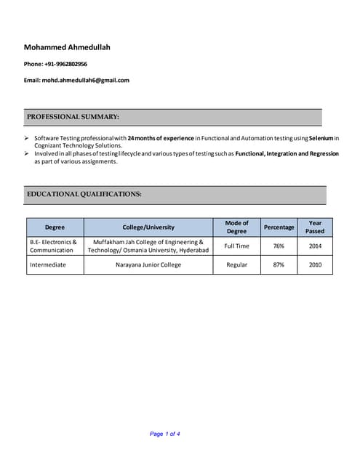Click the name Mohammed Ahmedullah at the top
click(x=67, y=47)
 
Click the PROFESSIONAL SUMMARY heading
click(x=73, y=116)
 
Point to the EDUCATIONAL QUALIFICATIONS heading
click(x=84, y=194)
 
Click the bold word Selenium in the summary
click(x=321, y=137)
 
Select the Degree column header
click(x=55, y=227)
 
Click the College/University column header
click(x=148, y=227)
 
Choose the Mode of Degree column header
click(x=236, y=227)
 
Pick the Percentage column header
click(x=279, y=227)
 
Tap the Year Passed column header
click(x=315, y=227)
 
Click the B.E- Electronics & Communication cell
click(x=53, y=246)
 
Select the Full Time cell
click(x=236, y=246)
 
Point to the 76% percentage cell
click(x=279, y=246)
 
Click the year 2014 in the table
click(x=315, y=246)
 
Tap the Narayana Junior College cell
click(x=148, y=264)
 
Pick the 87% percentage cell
click(x=279, y=264)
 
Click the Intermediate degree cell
click(x=48, y=264)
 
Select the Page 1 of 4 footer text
click(x=165, y=434)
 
